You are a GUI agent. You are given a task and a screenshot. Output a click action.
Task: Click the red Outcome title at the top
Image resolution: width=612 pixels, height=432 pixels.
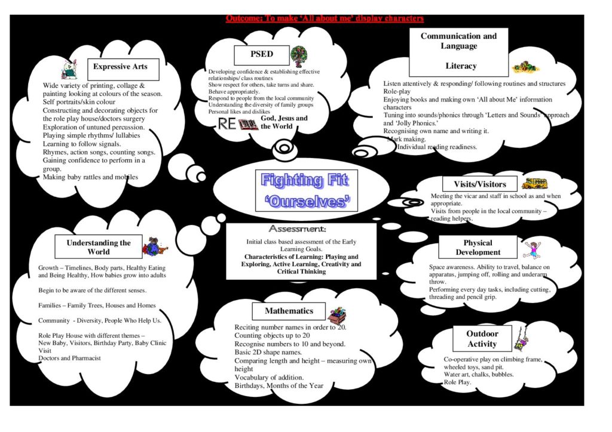point(325,18)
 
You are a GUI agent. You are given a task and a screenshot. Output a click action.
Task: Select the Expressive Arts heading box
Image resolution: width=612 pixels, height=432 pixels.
point(123,69)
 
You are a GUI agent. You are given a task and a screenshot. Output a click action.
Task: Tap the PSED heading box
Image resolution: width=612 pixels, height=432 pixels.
point(262,55)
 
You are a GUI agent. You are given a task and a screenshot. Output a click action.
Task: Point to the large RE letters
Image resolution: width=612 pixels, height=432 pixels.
point(227,124)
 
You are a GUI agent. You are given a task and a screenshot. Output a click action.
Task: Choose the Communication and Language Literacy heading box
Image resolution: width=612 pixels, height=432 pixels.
point(458,52)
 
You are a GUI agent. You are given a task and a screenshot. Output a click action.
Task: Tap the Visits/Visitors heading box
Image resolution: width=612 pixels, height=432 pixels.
point(480,184)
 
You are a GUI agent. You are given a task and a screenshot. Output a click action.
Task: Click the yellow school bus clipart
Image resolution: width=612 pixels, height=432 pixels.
point(535,183)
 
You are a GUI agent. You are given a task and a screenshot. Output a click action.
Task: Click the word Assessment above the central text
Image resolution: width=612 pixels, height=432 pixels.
point(297,229)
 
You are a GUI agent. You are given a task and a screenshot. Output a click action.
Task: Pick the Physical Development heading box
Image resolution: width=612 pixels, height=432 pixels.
point(478,247)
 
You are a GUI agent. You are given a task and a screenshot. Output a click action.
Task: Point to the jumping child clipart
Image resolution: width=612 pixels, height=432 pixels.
point(533,249)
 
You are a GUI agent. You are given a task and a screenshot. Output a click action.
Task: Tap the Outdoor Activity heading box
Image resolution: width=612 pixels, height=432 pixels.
point(482,338)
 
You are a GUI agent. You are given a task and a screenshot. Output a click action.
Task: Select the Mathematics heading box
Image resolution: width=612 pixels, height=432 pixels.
point(289,311)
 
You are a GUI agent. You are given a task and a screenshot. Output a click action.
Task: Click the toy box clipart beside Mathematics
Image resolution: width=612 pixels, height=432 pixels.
point(337,315)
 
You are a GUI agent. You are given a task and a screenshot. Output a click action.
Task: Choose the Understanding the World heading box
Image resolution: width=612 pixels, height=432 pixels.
point(99,247)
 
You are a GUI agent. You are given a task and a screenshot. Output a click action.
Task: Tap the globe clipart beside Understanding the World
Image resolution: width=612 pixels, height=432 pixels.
point(155,247)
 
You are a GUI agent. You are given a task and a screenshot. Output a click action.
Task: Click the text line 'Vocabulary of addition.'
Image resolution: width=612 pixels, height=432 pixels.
point(269,377)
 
